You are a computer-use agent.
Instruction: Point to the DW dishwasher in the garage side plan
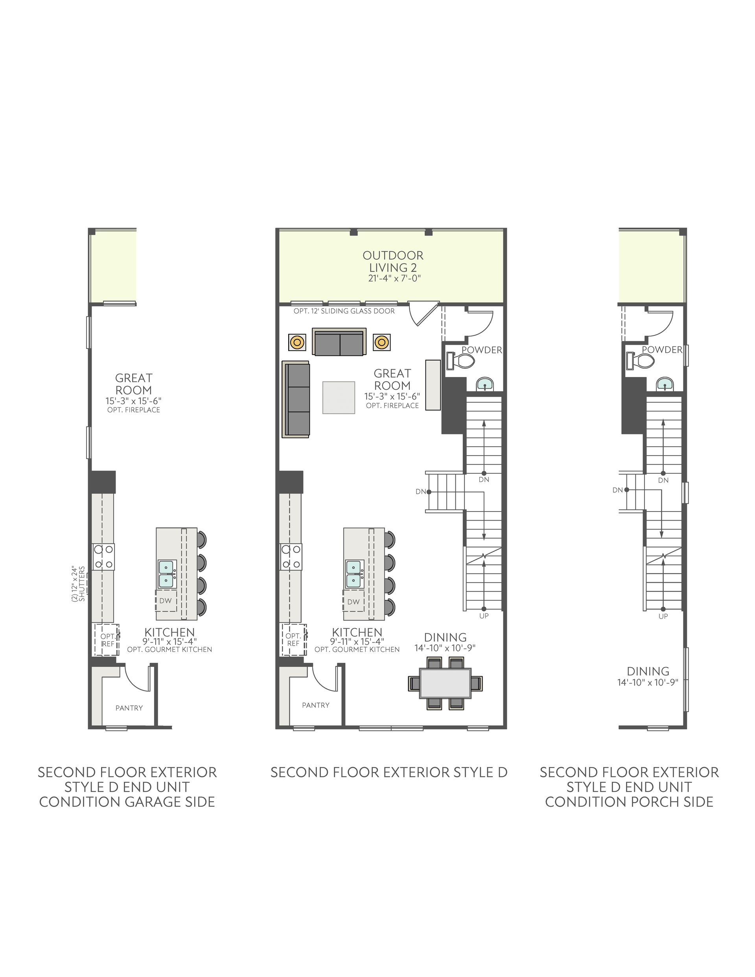[166, 601]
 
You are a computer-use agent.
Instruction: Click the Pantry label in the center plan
[315, 705]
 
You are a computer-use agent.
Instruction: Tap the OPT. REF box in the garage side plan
[107, 640]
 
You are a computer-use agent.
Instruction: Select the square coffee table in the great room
[339, 397]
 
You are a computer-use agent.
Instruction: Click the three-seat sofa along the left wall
[296, 399]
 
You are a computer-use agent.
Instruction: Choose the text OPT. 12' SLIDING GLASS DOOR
[344, 311]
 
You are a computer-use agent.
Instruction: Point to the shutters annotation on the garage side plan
[78, 584]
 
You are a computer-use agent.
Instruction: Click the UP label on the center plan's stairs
[484, 616]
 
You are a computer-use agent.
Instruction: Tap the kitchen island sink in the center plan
[354, 574]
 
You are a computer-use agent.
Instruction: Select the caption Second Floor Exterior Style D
[389, 772]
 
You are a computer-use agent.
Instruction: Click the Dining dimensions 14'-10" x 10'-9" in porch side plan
[648, 682]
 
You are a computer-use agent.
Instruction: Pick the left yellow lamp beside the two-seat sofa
[297, 342]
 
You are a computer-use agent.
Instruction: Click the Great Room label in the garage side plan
[133, 384]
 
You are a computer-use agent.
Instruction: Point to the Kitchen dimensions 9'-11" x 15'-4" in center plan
[357, 640]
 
